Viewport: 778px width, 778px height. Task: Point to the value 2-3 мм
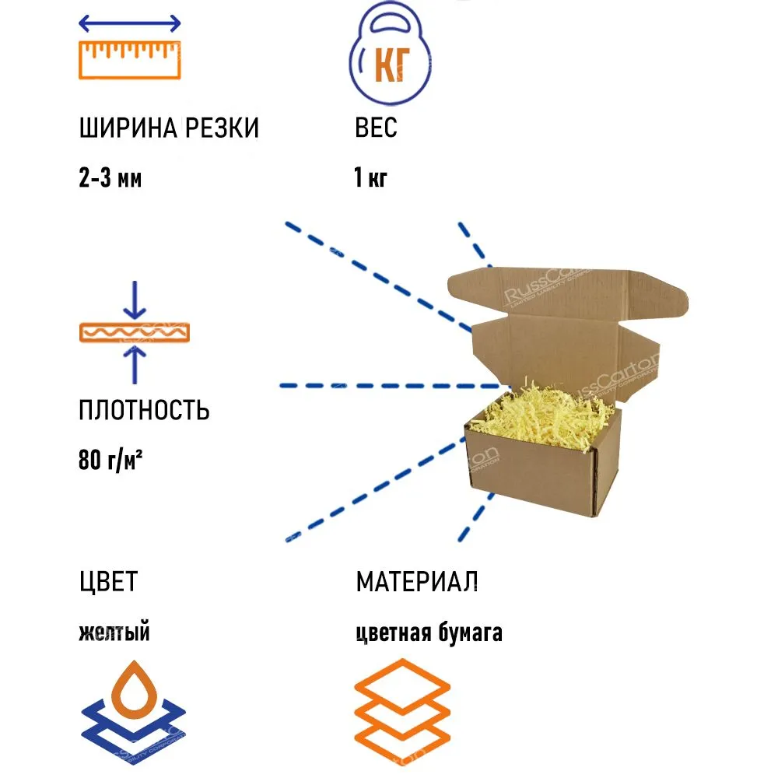[x=110, y=179]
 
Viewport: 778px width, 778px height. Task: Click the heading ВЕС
[x=376, y=128]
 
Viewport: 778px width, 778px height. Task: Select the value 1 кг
[x=370, y=179]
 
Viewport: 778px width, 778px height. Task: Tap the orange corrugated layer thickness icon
[x=135, y=332]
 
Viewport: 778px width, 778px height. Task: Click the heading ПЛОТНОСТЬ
[x=144, y=409]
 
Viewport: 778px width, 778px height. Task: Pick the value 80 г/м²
[x=114, y=461]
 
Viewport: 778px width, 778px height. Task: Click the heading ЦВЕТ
[x=108, y=581]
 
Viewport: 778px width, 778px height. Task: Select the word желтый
[x=114, y=633]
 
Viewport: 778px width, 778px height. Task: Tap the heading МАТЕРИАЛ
[x=417, y=581]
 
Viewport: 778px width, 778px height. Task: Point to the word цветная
[x=393, y=633]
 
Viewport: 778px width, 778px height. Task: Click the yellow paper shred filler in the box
[x=545, y=416]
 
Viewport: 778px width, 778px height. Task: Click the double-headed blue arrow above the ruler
[x=130, y=24]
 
